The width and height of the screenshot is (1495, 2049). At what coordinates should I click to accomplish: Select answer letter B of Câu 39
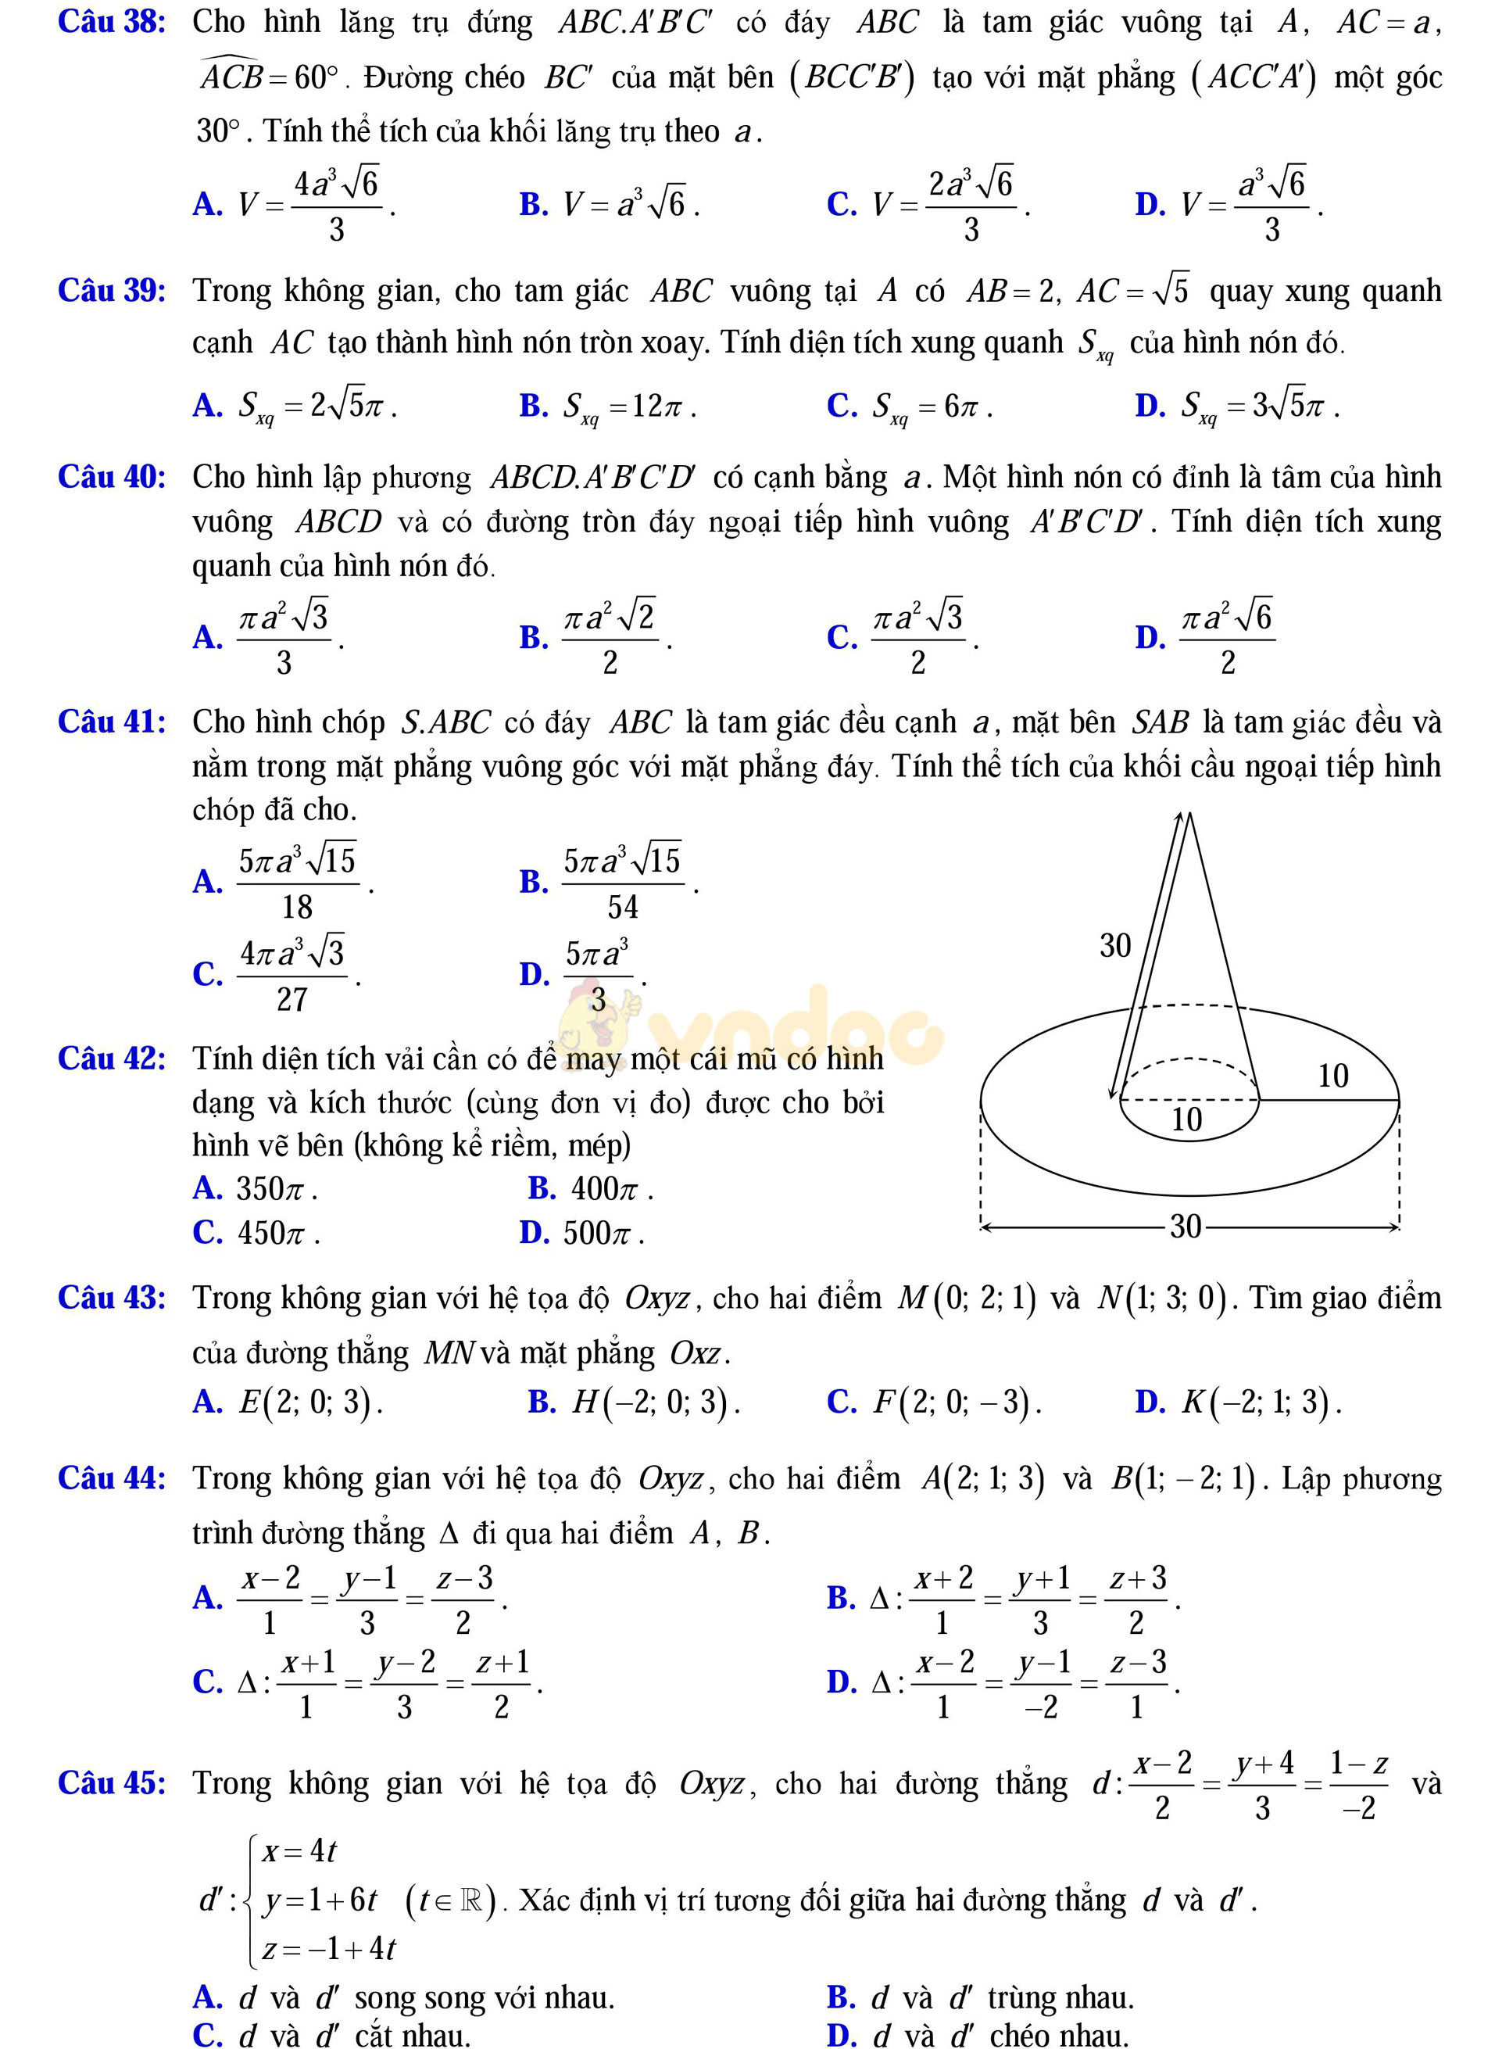[533, 406]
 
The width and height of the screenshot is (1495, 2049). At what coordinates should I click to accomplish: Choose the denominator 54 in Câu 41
[623, 906]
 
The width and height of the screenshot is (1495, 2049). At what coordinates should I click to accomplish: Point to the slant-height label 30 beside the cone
[1115, 946]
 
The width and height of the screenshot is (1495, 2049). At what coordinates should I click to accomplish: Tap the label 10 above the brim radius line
[1332, 1075]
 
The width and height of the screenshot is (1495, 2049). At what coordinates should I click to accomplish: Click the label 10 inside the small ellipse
[1186, 1119]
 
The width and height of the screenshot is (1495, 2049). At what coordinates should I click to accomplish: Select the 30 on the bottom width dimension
[1186, 1227]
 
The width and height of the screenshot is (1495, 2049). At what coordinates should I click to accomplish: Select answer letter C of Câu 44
[207, 1682]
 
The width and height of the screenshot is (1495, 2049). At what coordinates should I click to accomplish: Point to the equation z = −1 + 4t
[328, 1948]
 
